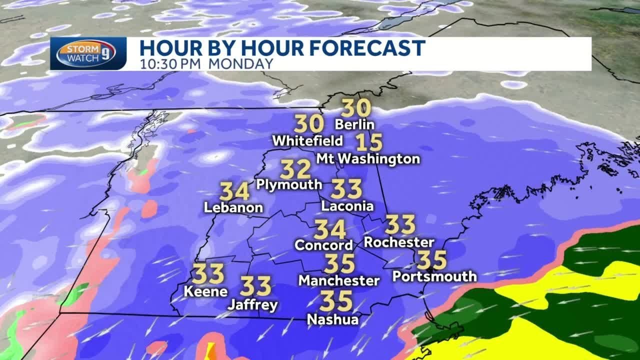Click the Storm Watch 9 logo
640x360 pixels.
point(86,53)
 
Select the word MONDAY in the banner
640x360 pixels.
point(241,64)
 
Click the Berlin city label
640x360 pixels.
point(354,124)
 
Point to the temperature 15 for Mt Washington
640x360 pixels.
point(369,143)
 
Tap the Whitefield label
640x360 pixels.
point(307,140)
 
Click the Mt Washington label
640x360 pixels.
point(368,159)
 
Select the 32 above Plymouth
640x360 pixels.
point(295,169)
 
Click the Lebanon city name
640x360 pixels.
point(233,207)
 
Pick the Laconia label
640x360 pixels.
point(347,205)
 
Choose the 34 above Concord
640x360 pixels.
point(330,229)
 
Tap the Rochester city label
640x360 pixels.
point(399,242)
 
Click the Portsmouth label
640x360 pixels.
point(434,275)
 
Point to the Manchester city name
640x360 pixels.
point(339,280)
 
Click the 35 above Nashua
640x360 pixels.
point(336,301)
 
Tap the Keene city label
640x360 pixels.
point(206,291)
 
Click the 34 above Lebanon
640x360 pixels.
point(234,191)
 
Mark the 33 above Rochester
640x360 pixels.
point(400,224)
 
